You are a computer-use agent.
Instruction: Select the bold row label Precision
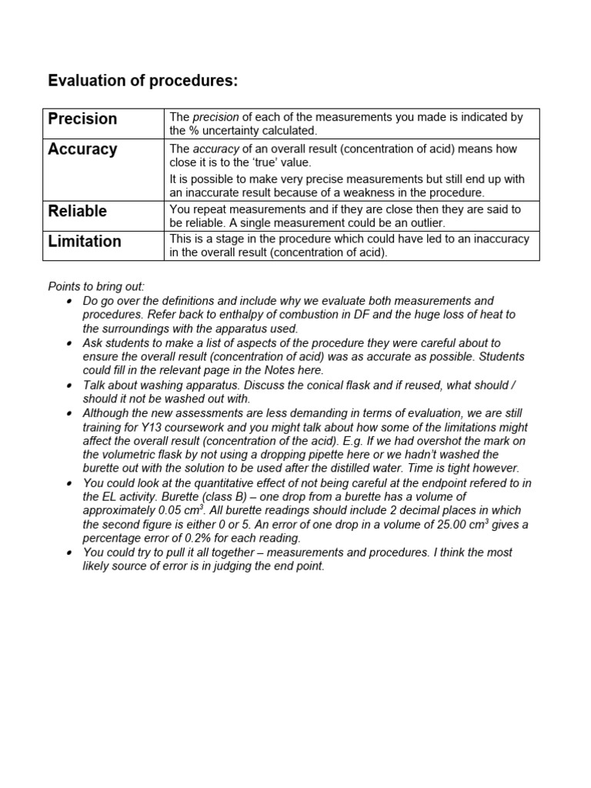click(x=82, y=119)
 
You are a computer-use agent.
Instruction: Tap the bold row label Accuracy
click(x=82, y=149)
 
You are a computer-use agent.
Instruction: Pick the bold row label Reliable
click(x=77, y=211)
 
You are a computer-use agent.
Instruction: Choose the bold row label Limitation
click(x=85, y=242)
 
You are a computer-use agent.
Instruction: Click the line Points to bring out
click(x=96, y=286)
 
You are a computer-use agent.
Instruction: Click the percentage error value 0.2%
click(x=200, y=539)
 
